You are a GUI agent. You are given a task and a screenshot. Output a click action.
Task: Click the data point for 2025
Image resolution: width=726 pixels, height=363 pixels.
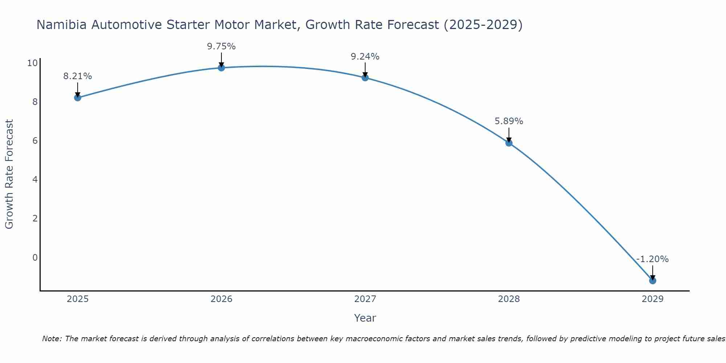pos(78,98)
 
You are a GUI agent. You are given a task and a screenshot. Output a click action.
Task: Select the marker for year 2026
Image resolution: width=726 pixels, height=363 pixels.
pos(221,68)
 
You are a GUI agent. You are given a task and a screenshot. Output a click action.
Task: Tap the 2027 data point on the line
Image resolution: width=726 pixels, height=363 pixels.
pos(365,78)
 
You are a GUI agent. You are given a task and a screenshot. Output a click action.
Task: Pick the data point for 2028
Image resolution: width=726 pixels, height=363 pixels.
pos(509,143)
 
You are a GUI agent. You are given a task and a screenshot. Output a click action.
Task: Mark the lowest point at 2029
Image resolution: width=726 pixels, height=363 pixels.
pos(653,281)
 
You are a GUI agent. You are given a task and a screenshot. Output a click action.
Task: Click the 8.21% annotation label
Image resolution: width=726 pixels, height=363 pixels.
pos(78,76)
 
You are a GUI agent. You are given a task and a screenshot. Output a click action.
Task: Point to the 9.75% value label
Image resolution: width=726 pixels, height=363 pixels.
pos(221,46)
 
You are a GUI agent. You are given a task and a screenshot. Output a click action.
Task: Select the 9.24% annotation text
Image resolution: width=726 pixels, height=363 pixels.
pos(365,57)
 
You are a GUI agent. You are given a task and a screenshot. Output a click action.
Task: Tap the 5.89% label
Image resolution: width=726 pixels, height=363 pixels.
pos(509,121)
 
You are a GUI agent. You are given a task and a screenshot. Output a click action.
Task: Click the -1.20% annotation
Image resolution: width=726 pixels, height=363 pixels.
pos(653,259)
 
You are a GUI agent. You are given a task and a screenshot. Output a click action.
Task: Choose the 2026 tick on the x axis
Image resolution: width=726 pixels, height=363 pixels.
pos(221,299)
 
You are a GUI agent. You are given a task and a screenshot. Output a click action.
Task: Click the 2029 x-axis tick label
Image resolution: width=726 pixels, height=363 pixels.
pos(653,299)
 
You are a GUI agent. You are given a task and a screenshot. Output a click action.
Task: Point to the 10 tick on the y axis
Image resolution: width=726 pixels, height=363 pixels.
pos(32,63)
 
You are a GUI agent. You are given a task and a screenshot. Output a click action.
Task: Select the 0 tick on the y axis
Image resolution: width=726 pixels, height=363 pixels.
pos(35,258)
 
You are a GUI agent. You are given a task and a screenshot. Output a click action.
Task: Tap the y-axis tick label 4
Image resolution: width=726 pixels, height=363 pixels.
pos(35,180)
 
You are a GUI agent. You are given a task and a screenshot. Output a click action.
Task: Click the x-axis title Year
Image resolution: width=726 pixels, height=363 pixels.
pos(365,318)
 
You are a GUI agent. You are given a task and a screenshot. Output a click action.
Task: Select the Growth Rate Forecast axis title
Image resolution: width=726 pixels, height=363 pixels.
pos(9,174)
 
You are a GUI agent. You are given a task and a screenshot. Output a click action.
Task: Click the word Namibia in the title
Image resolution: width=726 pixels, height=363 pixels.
pos(62,25)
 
